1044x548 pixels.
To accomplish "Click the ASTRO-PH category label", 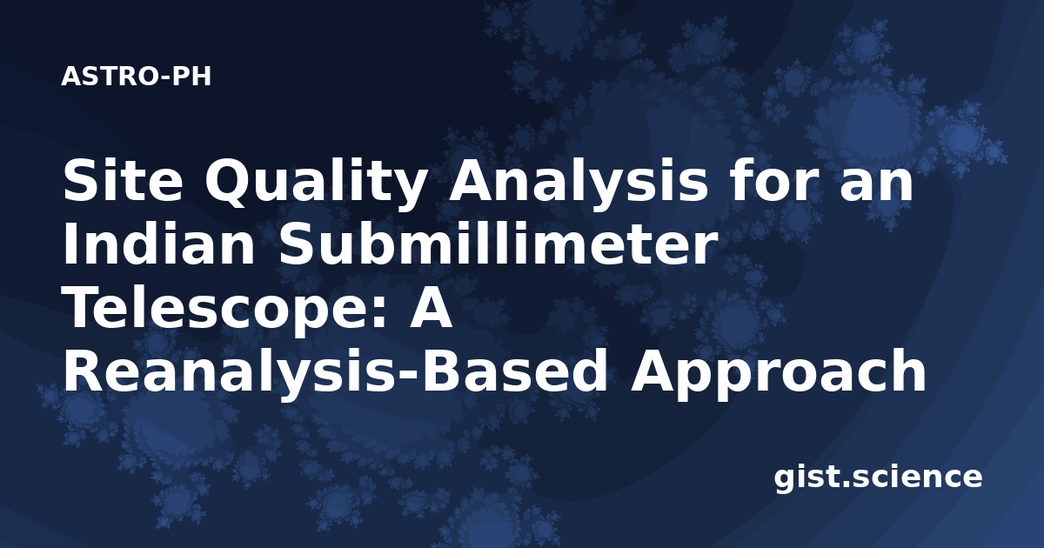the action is [x=136, y=77].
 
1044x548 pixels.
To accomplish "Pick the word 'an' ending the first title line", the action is [x=879, y=185].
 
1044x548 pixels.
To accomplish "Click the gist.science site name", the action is [x=878, y=478].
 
